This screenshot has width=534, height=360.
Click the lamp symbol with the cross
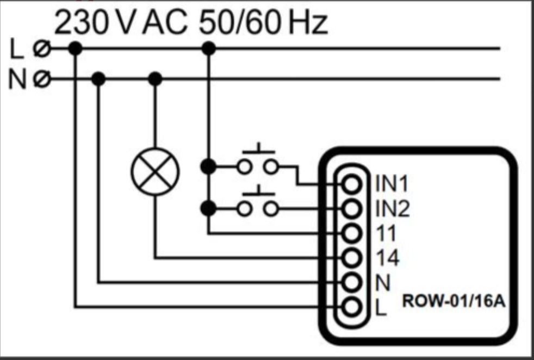[155, 171]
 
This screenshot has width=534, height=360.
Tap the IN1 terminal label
[392, 184]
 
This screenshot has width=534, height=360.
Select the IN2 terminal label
[392, 208]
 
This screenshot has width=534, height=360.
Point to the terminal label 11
[386, 234]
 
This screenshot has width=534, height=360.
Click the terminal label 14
[387, 258]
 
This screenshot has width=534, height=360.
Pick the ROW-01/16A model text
[454, 301]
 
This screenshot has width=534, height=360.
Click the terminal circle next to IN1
[352, 184]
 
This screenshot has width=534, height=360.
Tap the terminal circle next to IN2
[352, 209]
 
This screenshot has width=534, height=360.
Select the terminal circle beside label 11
[352, 233]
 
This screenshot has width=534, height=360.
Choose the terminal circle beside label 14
[352, 258]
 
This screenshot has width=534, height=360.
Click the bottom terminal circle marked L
[352, 307]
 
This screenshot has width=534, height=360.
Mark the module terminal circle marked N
[352, 282]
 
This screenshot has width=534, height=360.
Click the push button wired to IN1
[258, 159]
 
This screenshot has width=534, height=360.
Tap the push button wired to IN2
[258, 201]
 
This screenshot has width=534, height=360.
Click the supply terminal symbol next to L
[42, 48]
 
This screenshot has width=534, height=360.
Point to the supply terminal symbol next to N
[42, 79]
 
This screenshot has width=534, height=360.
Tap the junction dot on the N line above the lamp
[156, 79]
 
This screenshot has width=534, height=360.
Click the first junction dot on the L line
[75, 48]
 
